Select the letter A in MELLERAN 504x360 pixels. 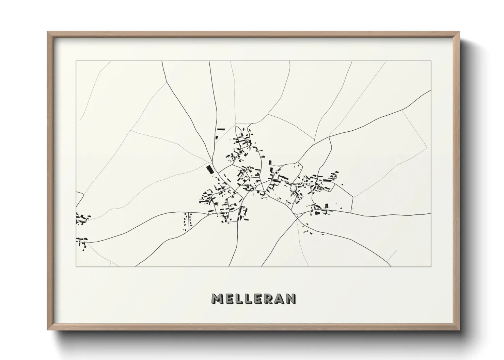pyautogui.click(x=280, y=299)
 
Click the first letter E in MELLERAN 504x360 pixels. pyautogui.click(x=229, y=299)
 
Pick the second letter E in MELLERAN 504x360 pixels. pyautogui.click(x=258, y=299)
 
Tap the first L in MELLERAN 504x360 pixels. pyautogui.click(x=239, y=299)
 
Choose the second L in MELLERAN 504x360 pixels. pyautogui.click(x=248, y=299)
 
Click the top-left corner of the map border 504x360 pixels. pyautogui.click(x=76, y=61)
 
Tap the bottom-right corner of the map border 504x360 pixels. pyautogui.click(x=431, y=267)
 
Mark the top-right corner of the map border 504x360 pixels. pyautogui.click(x=431, y=61)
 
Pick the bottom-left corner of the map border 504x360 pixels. pyautogui.click(x=76, y=267)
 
